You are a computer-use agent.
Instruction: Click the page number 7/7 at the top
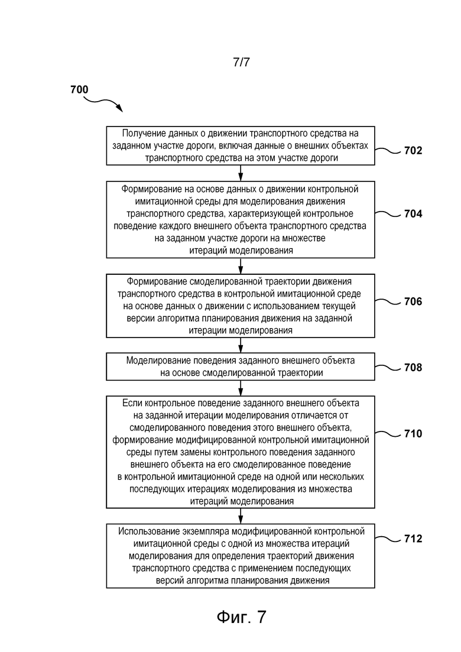click(241, 62)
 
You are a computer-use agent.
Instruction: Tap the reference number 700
click(79, 89)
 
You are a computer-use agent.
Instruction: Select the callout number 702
click(413, 151)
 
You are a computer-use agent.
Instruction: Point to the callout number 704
click(413, 214)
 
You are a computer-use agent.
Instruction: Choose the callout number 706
click(413, 301)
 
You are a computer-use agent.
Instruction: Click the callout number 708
click(413, 368)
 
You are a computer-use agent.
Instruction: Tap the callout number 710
click(413, 434)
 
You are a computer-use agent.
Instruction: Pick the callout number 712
click(413, 539)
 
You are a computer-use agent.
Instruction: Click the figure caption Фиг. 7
click(241, 617)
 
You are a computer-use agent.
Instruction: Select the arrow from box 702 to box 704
click(241, 173)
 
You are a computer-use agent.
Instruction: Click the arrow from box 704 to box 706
click(241, 266)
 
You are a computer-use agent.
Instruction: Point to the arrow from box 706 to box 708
click(241, 345)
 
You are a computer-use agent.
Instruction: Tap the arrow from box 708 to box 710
click(241, 388)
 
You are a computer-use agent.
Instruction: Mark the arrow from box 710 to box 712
click(241, 516)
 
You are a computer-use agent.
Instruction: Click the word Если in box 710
click(131, 403)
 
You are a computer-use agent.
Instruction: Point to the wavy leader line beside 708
click(388, 367)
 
